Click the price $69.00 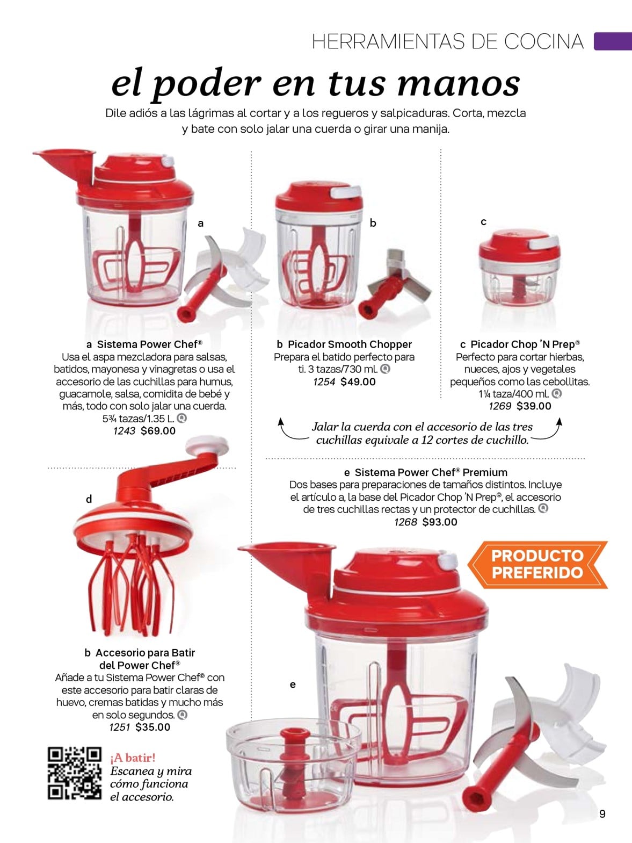coord(158,431)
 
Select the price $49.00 coord(358,382)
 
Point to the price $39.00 coord(534,406)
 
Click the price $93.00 coord(440,522)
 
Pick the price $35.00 coord(152,727)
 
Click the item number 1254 coord(324,382)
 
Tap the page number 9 coord(602,814)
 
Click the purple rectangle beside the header coord(613,41)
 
